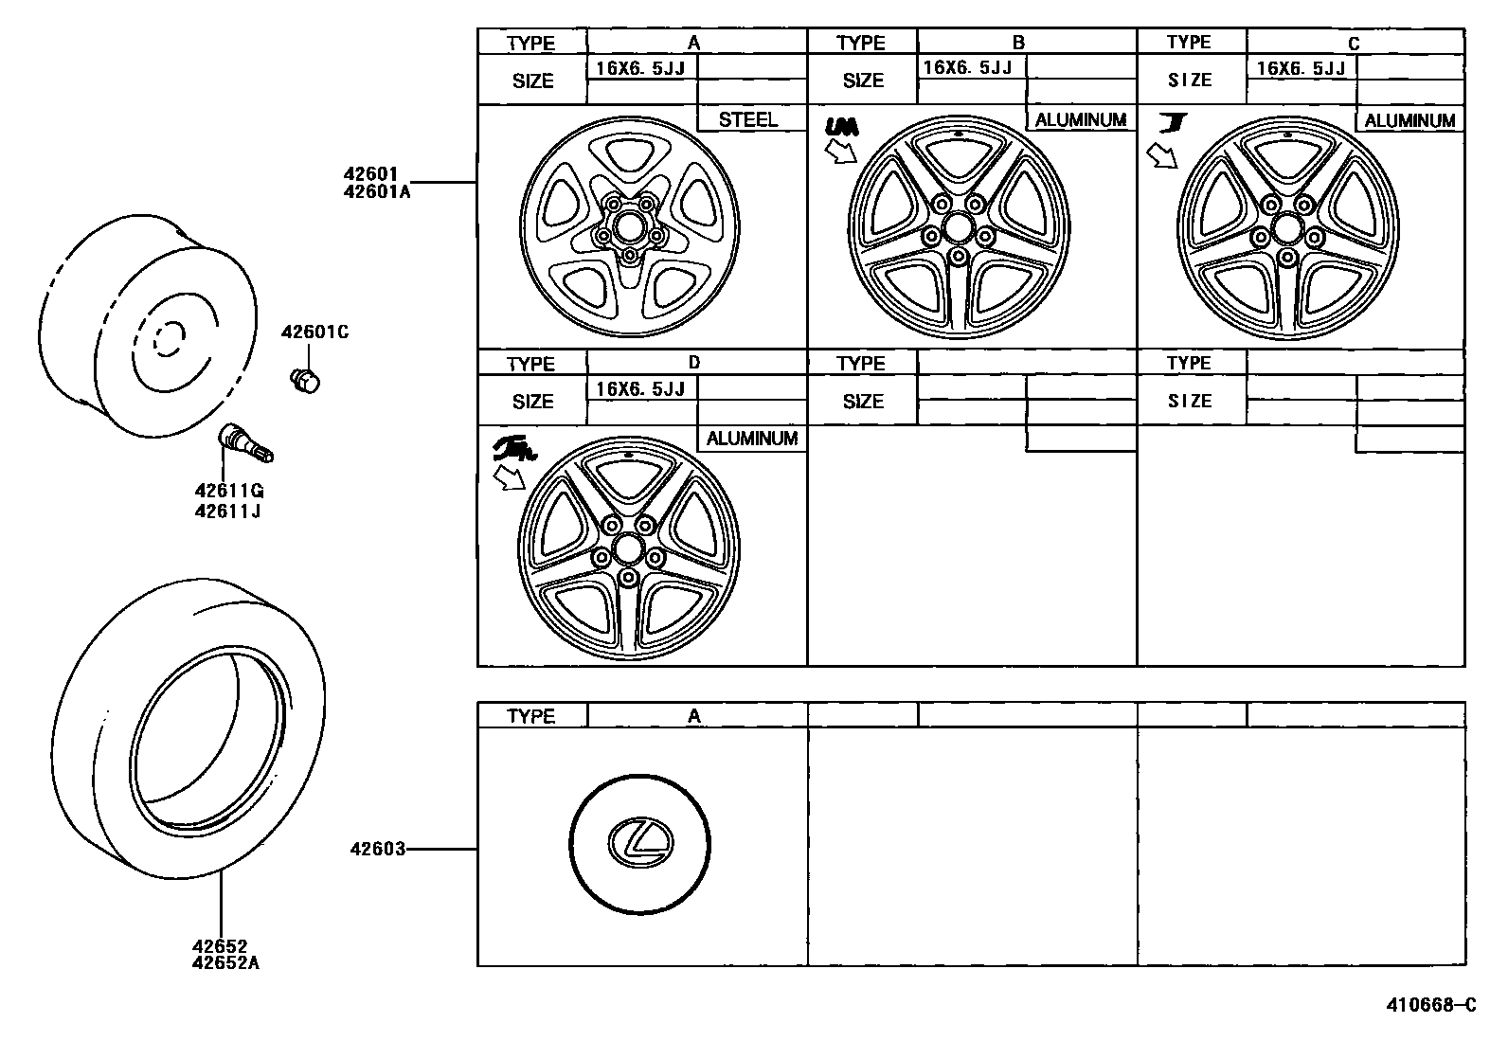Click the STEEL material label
click(x=747, y=119)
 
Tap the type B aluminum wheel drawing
click(x=958, y=227)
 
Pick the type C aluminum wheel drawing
click(x=1285, y=227)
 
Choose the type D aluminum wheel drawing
click(x=628, y=549)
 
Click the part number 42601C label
click(x=314, y=332)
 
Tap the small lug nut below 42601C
click(x=304, y=380)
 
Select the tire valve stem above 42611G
click(x=245, y=443)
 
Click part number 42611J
click(x=227, y=512)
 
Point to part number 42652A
click(x=225, y=963)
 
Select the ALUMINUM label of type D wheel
click(x=752, y=439)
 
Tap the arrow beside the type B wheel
click(x=839, y=150)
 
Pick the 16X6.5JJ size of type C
click(x=1301, y=68)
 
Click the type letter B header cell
click(x=1018, y=42)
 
